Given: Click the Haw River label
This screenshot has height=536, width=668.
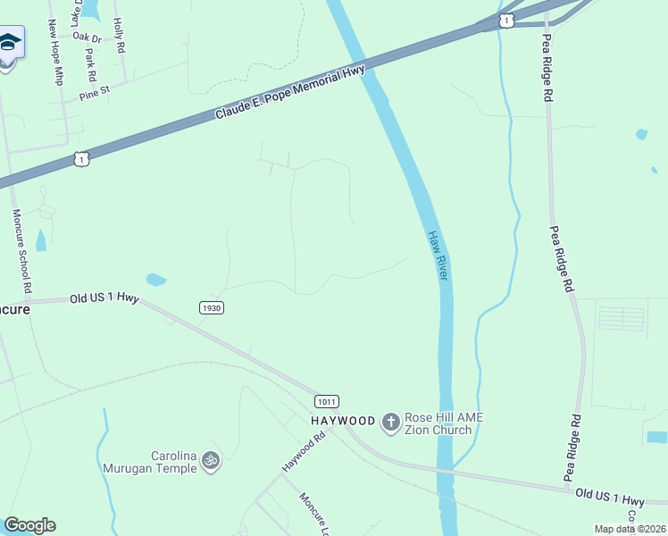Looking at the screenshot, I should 436,255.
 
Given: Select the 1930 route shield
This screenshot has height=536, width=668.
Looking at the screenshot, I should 211,307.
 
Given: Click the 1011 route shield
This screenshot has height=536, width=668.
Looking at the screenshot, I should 325,402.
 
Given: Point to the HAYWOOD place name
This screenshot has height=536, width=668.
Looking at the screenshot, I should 343,421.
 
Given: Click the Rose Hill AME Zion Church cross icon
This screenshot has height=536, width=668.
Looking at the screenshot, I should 390,421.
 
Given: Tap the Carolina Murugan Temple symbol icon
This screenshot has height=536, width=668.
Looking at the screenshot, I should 211,460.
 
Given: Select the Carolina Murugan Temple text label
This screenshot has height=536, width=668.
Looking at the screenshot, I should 155,460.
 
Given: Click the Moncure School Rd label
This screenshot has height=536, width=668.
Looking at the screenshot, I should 22,252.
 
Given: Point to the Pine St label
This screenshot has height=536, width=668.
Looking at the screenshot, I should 93,92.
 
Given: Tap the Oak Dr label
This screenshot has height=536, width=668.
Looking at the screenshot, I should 88,38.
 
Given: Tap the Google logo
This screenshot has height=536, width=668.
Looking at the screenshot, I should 29,525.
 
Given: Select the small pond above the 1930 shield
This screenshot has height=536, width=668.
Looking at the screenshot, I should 155,280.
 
